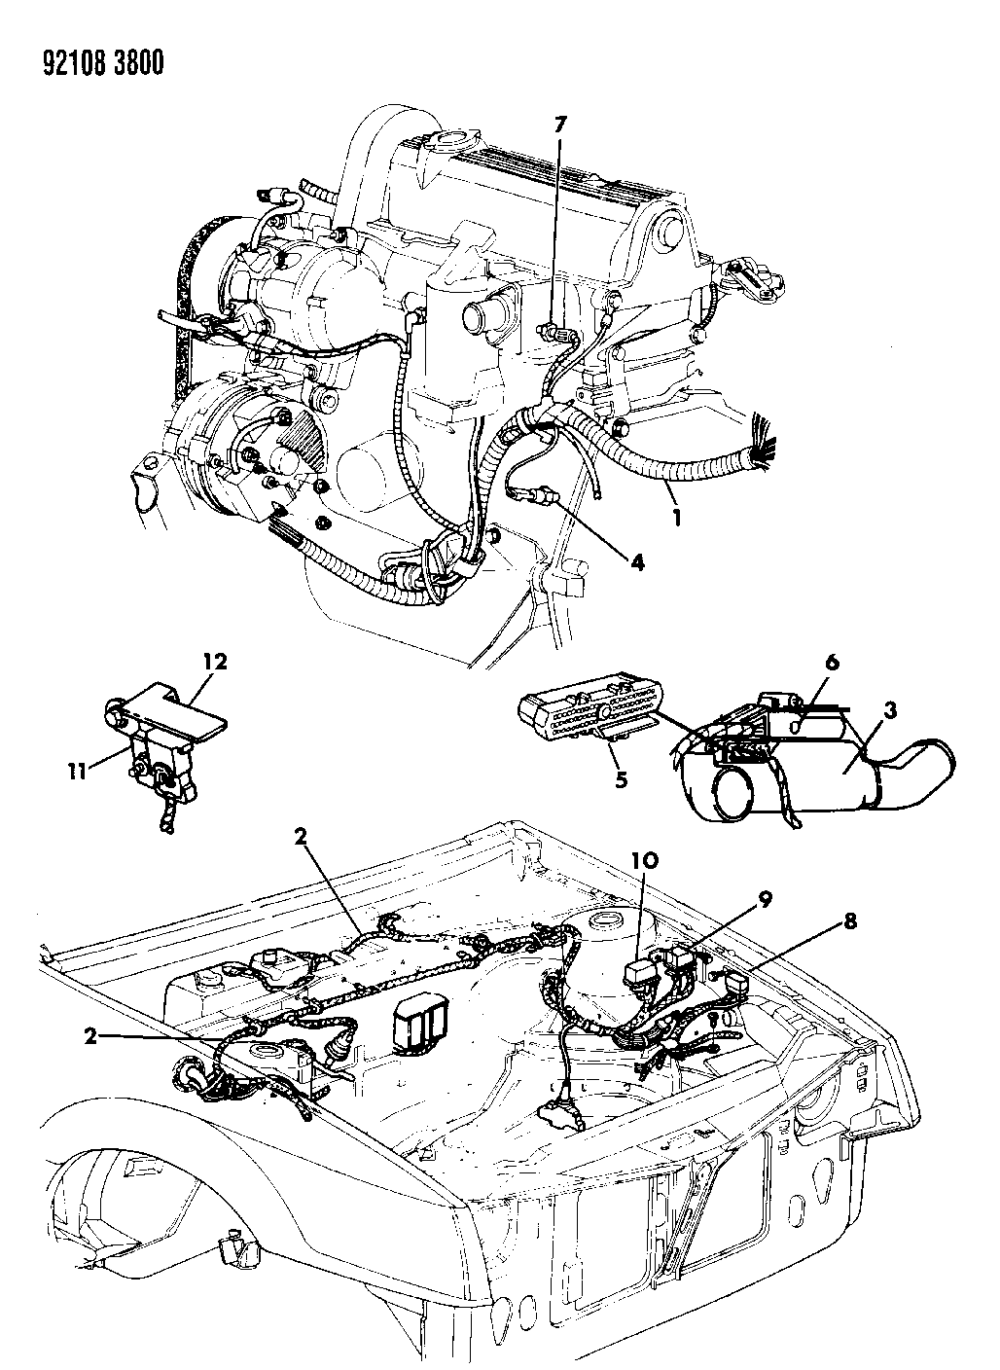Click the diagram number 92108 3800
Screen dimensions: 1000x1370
coord(103,63)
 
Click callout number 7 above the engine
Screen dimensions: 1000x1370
coord(560,126)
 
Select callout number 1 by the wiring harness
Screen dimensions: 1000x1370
coord(676,518)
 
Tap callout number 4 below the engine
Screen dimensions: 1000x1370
coord(637,561)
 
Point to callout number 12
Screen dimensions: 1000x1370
coord(213,661)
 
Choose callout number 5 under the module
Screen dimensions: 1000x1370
coord(621,779)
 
